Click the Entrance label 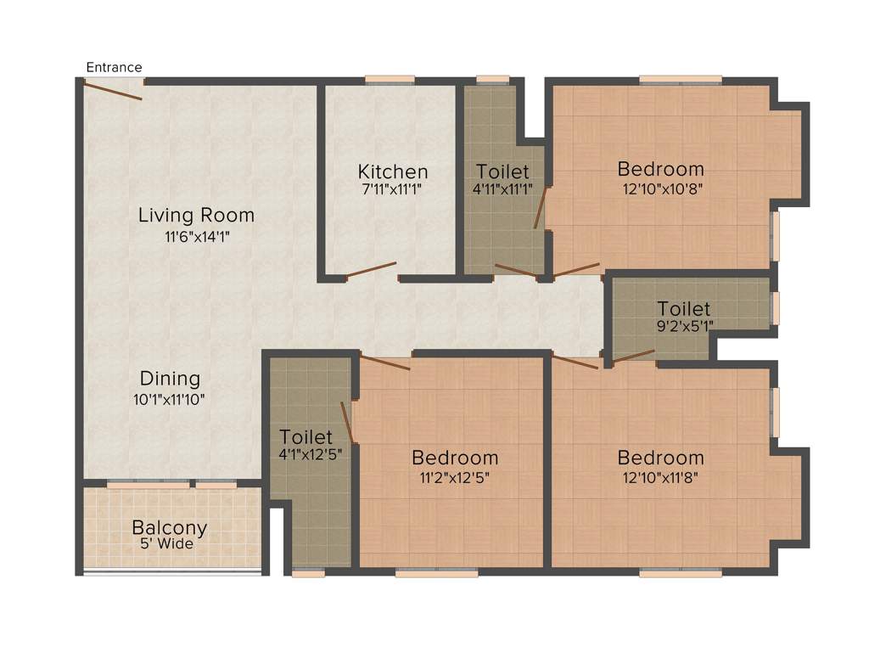tap(114, 67)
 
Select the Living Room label tap(196, 216)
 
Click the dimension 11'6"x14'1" tap(196, 237)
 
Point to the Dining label tap(170, 379)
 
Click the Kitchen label tap(392, 172)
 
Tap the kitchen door tap(371, 271)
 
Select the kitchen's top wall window tap(390, 81)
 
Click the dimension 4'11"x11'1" tap(502, 189)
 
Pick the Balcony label tap(169, 528)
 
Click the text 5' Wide tap(169, 544)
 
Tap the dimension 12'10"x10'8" tap(660, 188)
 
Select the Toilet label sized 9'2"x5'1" tap(683, 309)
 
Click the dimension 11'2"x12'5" tap(454, 477)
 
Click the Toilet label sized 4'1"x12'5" tap(306, 438)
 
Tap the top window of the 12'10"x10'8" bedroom tap(680, 81)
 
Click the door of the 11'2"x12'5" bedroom tap(385, 363)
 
